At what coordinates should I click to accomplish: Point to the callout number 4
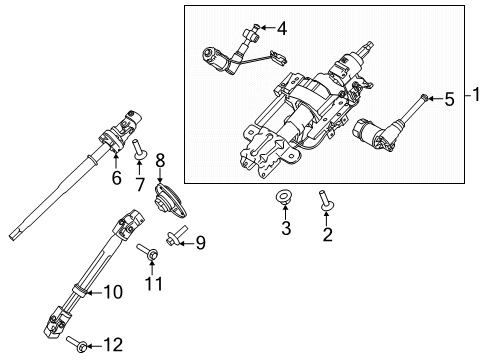pos(281,29)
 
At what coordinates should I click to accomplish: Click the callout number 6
pos(116,177)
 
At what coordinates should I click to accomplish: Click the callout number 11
pos(152,286)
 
